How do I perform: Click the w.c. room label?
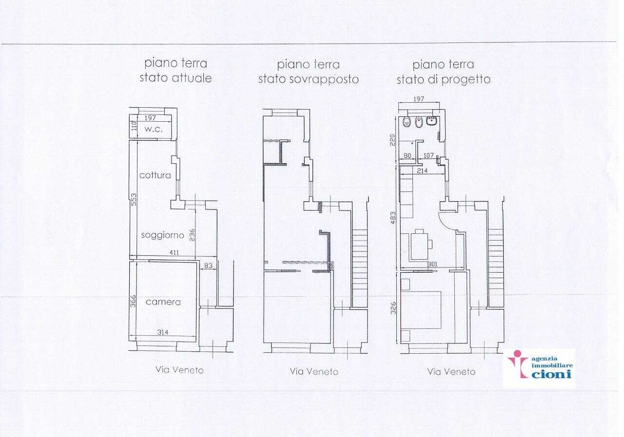(154, 129)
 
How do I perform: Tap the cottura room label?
(155, 175)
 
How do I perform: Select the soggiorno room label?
(163, 235)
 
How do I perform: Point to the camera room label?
(163, 302)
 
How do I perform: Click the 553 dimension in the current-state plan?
(134, 199)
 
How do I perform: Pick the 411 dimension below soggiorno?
(174, 252)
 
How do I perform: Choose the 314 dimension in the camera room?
(163, 332)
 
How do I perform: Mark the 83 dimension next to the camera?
(208, 266)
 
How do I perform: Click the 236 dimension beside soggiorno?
(192, 235)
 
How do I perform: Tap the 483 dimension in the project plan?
(393, 218)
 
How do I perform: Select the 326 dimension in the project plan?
(393, 308)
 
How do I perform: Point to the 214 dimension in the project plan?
(422, 171)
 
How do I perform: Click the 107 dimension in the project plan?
(429, 155)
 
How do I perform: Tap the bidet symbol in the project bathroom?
(418, 122)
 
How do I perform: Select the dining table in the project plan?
(419, 246)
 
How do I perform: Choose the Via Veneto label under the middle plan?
(314, 372)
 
